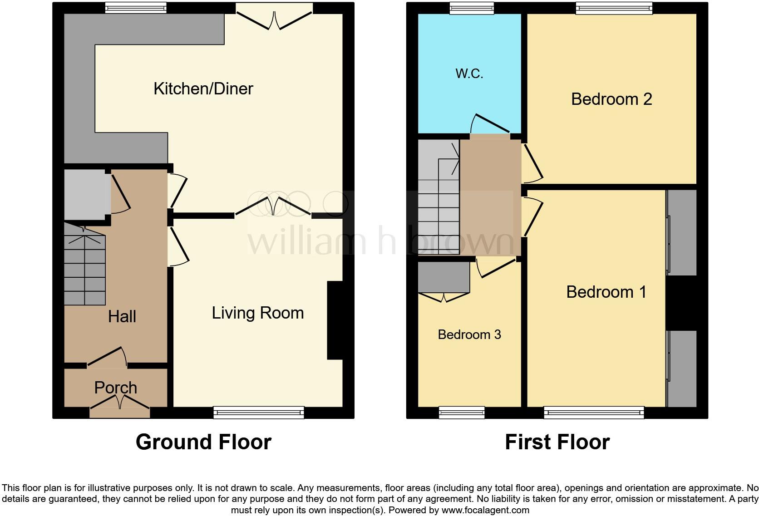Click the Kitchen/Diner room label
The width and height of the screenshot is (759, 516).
click(203, 88)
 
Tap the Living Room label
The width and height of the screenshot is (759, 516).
click(257, 313)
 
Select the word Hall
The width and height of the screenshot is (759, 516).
click(122, 317)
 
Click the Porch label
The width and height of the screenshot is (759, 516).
click(115, 388)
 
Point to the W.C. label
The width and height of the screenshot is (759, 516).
click(469, 74)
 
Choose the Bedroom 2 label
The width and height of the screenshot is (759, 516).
click(611, 99)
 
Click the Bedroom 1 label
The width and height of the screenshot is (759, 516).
click(606, 292)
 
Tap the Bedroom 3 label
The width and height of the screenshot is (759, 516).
click(469, 334)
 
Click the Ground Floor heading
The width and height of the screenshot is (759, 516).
click(203, 442)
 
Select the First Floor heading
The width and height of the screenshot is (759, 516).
click(557, 442)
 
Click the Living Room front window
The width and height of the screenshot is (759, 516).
click(258, 412)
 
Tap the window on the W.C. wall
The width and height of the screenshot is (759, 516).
click(472, 7)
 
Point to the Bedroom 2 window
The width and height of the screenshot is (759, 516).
click(614, 7)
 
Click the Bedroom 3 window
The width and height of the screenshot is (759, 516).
click(461, 412)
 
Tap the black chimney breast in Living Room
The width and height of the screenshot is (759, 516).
click(335, 320)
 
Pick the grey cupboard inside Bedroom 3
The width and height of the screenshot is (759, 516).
click(444, 278)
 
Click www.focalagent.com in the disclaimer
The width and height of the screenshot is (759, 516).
click(485, 510)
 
